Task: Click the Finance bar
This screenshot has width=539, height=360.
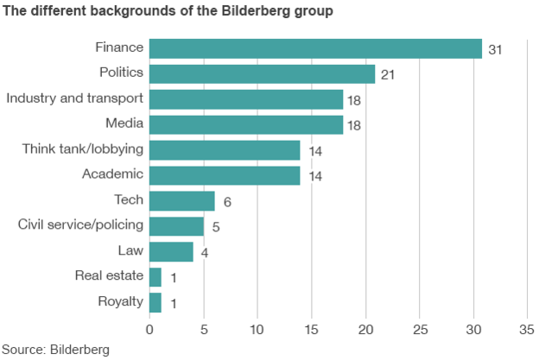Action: pos(315,48)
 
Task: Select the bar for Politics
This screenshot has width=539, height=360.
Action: pos(262,74)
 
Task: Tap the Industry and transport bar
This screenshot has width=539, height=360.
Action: pos(246,99)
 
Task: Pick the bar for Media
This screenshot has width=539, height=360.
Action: pos(246,124)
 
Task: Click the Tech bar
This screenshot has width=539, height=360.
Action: pos(181,201)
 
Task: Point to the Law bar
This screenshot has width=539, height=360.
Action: pos(171,251)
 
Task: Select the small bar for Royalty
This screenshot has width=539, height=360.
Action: pos(155,302)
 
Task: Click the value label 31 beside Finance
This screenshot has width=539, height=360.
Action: pos(495,50)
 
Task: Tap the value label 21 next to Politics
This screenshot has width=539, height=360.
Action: pos(388,75)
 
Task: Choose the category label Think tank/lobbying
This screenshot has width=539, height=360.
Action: pos(82,149)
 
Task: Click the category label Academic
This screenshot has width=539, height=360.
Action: pos(112,174)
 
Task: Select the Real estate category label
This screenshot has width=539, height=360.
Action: pos(109,276)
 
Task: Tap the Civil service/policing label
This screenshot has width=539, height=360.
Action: pos(80,225)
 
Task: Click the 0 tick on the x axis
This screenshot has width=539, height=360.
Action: pos(149,330)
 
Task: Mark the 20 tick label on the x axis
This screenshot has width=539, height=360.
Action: pos(365,330)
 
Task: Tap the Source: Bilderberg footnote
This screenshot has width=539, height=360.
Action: pos(55,350)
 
